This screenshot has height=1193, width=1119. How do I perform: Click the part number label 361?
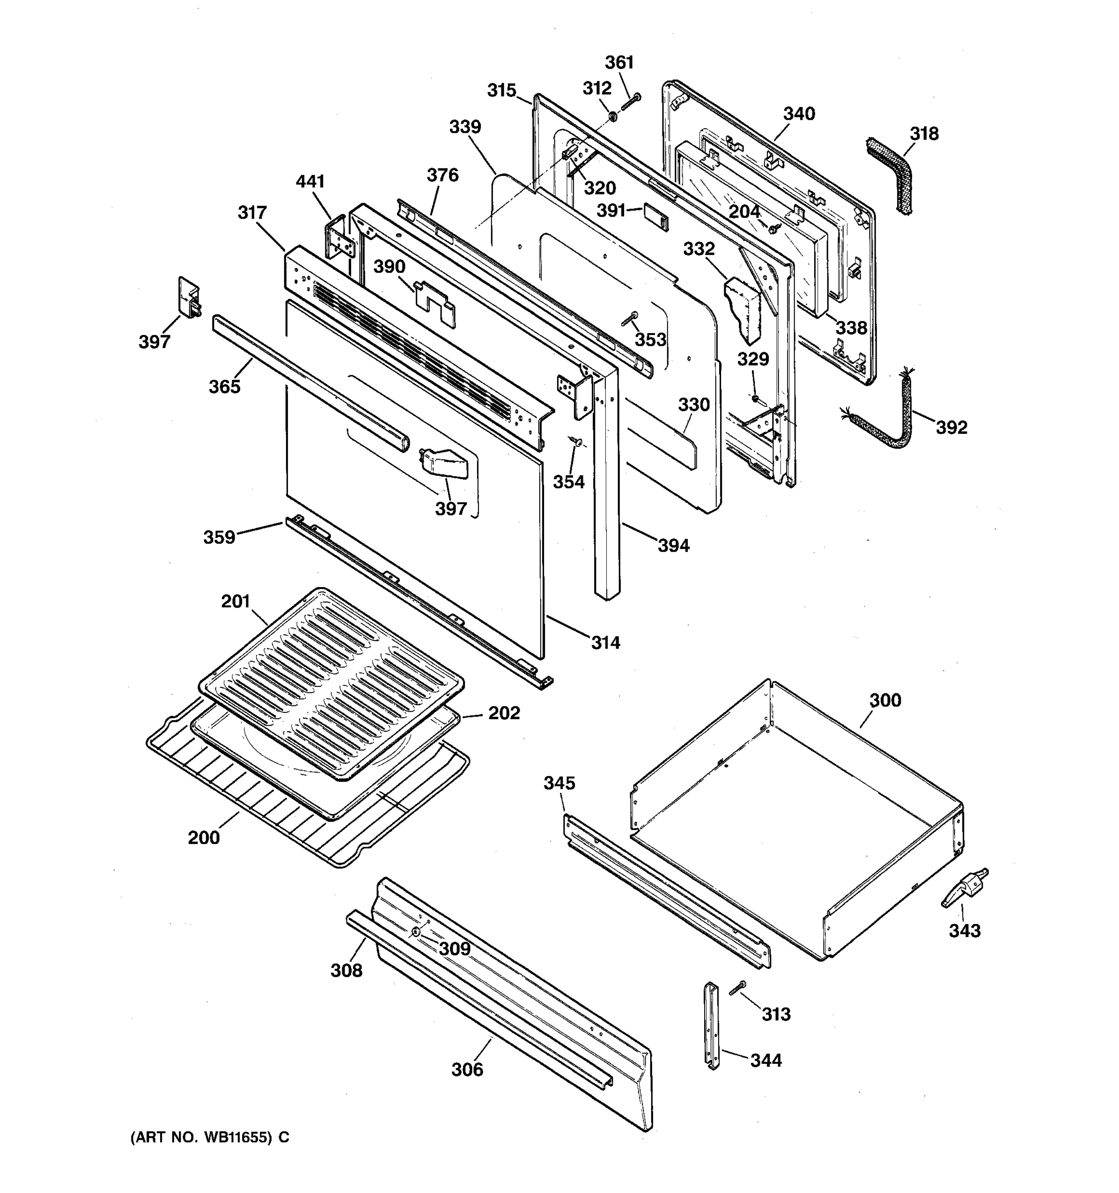click(619, 63)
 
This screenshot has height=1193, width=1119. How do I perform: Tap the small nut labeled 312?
click(613, 116)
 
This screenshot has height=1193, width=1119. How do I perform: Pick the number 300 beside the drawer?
click(885, 700)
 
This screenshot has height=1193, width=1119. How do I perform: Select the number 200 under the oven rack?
click(203, 837)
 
